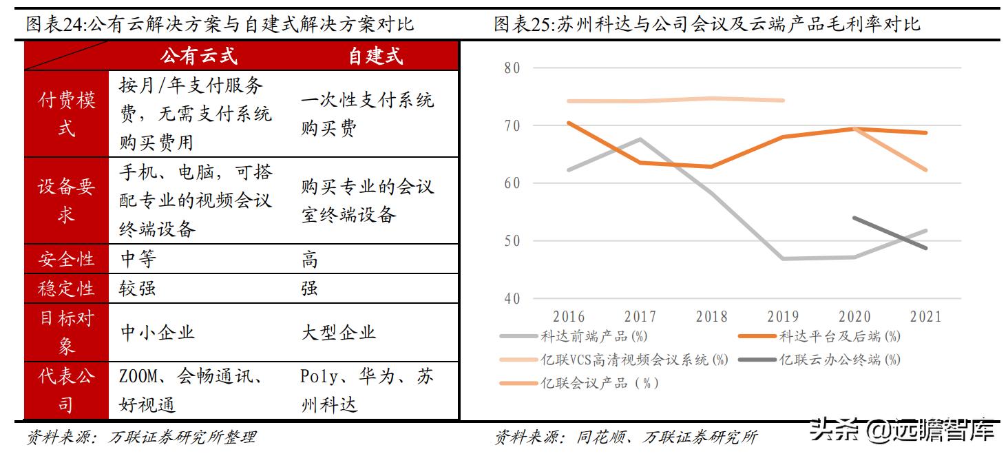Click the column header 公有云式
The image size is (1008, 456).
(x=198, y=56)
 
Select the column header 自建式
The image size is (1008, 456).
(x=375, y=56)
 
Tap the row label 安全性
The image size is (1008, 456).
(x=66, y=259)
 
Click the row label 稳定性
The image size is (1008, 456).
(x=66, y=288)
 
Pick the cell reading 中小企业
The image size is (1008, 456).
(x=158, y=333)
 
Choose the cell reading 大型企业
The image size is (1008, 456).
(x=338, y=333)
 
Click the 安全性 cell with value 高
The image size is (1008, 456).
(x=310, y=260)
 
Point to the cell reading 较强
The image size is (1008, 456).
(x=138, y=288)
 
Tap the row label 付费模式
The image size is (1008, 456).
(x=66, y=114)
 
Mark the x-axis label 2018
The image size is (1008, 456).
(x=712, y=317)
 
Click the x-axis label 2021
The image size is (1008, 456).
(x=925, y=317)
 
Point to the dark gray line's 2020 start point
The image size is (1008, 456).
(x=854, y=218)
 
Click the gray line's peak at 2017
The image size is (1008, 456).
(x=640, y=139)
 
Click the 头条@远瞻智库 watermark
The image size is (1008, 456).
(x=901, y=432)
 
